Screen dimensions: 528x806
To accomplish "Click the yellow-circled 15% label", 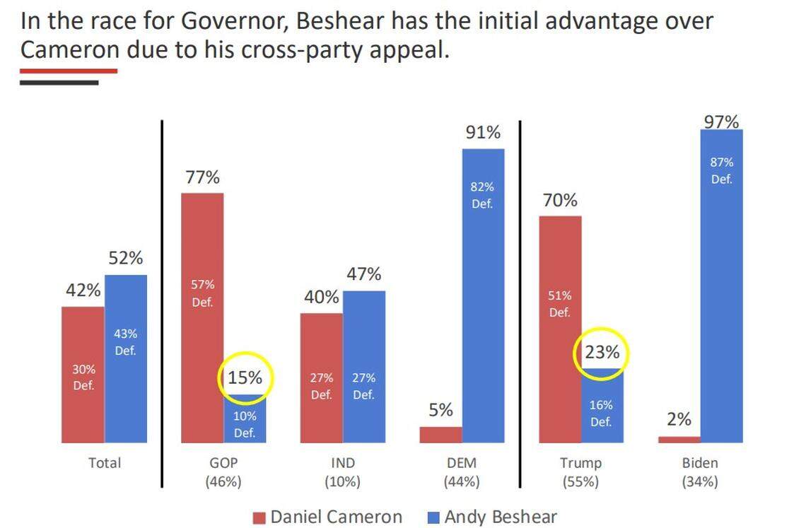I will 245,378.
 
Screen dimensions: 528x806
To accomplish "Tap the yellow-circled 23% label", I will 602,352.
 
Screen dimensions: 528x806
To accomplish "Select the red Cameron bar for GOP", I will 202,317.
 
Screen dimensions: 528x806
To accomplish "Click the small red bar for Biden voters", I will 679,439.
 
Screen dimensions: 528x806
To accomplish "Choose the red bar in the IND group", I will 322,377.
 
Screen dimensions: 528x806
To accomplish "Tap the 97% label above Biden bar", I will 721,122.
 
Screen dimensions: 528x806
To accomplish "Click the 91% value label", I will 483,132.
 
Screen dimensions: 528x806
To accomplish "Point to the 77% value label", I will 202,177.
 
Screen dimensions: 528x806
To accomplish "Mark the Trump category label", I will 580,464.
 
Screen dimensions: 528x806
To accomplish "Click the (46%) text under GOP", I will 223,482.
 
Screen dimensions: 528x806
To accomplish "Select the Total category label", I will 105,464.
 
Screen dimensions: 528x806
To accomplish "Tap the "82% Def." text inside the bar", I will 482,195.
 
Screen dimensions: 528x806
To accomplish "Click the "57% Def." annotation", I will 201,293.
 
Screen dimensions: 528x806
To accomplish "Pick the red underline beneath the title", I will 68,71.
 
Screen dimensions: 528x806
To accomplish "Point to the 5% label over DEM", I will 440,411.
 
